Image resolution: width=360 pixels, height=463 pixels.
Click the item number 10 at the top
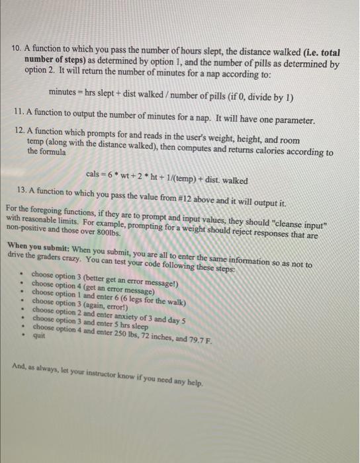tap(17, 49)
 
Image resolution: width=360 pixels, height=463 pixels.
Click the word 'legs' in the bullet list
tap(132, 292)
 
